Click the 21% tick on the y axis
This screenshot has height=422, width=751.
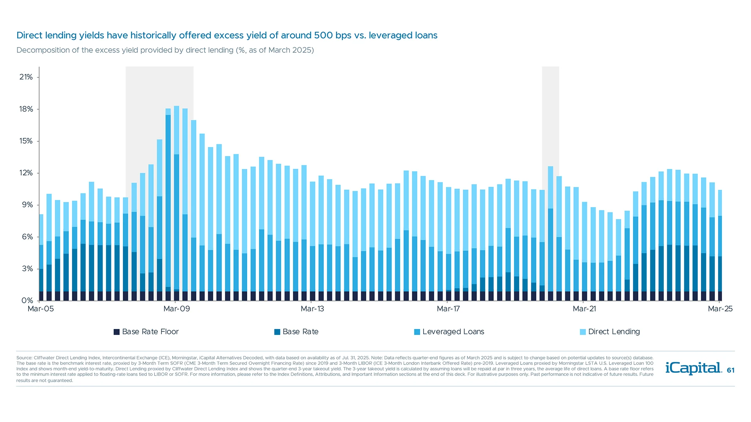click(x=26, y=77)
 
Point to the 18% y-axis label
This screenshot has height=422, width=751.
click(x=26, y=109)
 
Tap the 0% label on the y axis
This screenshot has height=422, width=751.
click(x=27, y=300)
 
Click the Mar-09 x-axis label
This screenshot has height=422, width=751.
click(x=176, y=309)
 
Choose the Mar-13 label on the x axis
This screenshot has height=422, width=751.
click(x=312, y=309)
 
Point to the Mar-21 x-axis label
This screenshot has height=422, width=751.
click(x=584, y=309)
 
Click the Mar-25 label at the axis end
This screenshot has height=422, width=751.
click(x=720, y=309)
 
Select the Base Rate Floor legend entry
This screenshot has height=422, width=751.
click(x=146, y=332)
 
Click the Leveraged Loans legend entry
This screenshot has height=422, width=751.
click(x=449, y=332)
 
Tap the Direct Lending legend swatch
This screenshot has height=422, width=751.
click(x=583, y=332)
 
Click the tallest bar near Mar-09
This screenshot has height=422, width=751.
click(x=176, y=203)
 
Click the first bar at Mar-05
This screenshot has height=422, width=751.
click(x=41, y=258)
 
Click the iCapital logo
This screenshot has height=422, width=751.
click(x=694, y=368)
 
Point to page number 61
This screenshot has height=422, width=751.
click(x=731, y=370)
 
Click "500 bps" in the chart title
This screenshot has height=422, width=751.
click(x=332, y=36)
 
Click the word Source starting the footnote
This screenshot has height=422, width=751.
click(x=24, y=358)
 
